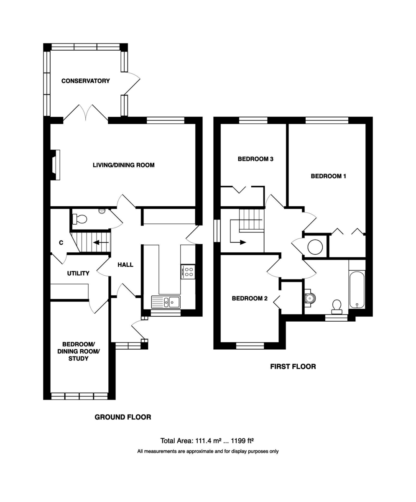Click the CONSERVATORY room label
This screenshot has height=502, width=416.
click(x=86, y=81)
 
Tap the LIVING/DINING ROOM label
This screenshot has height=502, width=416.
click(x=123, y=165)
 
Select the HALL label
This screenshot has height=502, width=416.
click(x=125, y=265)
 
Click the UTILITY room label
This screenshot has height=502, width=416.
click(x=78, y=273)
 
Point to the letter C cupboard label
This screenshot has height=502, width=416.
click(x=61, y=243)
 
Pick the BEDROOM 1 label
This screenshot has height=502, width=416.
click(x=328, y=176)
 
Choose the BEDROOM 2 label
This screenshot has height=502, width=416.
click(x=250, y=298)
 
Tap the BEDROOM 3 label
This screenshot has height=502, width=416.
click(x=255, y=159)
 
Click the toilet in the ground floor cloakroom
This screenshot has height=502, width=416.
click(x=80, y=219)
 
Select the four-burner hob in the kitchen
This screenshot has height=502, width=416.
click(x=188, y=271)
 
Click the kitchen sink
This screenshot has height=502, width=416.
click(x=166, y=302)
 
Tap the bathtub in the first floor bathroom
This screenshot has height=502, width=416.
click(x=357, y=290)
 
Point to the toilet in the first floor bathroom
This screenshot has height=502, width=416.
click(x=337, y=307)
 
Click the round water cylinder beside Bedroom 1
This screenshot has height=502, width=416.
click(x=315, y=247)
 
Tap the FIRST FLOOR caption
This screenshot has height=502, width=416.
click(x=293, y=366)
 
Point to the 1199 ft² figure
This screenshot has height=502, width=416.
click(x=242, y=441)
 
